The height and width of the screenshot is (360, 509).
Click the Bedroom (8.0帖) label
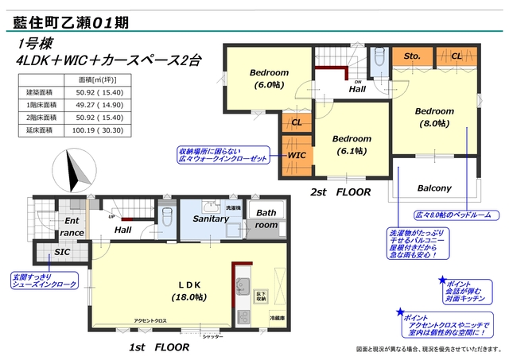pyautogui.click(x=433, y=117)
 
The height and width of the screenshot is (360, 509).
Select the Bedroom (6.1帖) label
pyautogui.click(x=352, y=144)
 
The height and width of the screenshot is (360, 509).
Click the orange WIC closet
pyautogui.click(x=296, y=155)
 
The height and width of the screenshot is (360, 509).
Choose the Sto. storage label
pyautogui.click(x=412, y=56)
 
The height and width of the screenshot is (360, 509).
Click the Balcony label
pyautogui.click(x=434, y=188)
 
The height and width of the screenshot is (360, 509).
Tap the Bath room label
pyautogui.click(x=266, y=219)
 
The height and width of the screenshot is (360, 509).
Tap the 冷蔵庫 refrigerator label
pyautogui.click(x=274, y=316)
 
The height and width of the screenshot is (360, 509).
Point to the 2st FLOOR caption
pyautogui.click(x=340, y=192)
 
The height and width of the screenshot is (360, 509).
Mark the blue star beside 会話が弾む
pyautogui.click(x=443, y=281)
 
